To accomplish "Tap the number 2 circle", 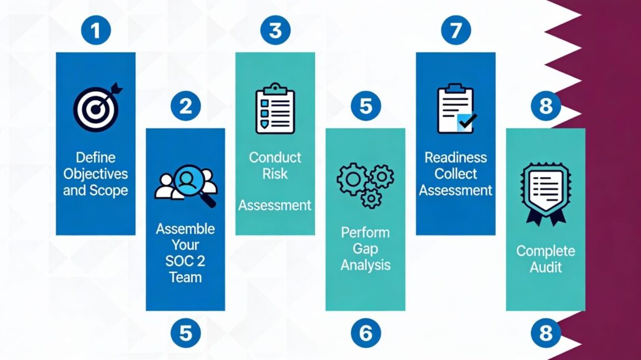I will click(x=185, y=106).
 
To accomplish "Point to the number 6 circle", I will click(x=366, y=332).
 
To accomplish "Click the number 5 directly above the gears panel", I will click(x=366, y=106).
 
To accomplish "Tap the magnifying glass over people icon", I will click(x=185, y=184).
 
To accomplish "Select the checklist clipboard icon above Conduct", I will click(x=275, y=110).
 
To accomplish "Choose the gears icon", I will click(x=366, y=184).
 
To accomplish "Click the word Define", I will click(x=96, y=158).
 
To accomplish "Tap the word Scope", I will click(x=112, y=190).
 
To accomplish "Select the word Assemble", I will click(x=185, y=229).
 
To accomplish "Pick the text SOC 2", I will click(x=185, y=260).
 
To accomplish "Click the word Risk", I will click(x=275, y=173).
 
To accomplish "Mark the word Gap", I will click(x=366, y=249).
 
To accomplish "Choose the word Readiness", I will click(x=456, y=158).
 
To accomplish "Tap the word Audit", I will click(x=545, y=267).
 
